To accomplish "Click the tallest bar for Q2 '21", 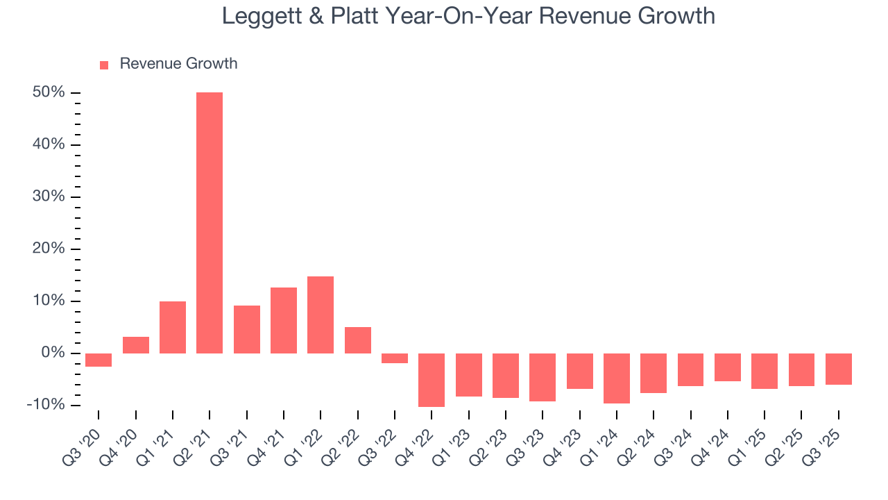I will click(x=210, y=222).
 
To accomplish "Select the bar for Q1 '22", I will click(x=321, y=315).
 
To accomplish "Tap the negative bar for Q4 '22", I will click(x=432, y=380).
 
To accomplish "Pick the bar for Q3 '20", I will click(x=99, y=360).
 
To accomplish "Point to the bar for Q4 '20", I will click(x=136, y=345).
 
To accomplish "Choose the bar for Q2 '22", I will click(x=358, y=340).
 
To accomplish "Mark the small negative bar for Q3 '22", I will click(x=395, y=358).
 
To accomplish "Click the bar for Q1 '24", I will click(x=617, y=378).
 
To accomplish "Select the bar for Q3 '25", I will click(x=839, y=369).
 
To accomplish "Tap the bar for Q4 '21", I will click(x=284, y=320).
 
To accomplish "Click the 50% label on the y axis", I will click(x=49, y=92).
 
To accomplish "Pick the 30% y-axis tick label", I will click(x=49, y=197).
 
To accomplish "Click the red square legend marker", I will click(x=104, y=65).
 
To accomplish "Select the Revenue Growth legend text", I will click(x=178, y=64).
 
